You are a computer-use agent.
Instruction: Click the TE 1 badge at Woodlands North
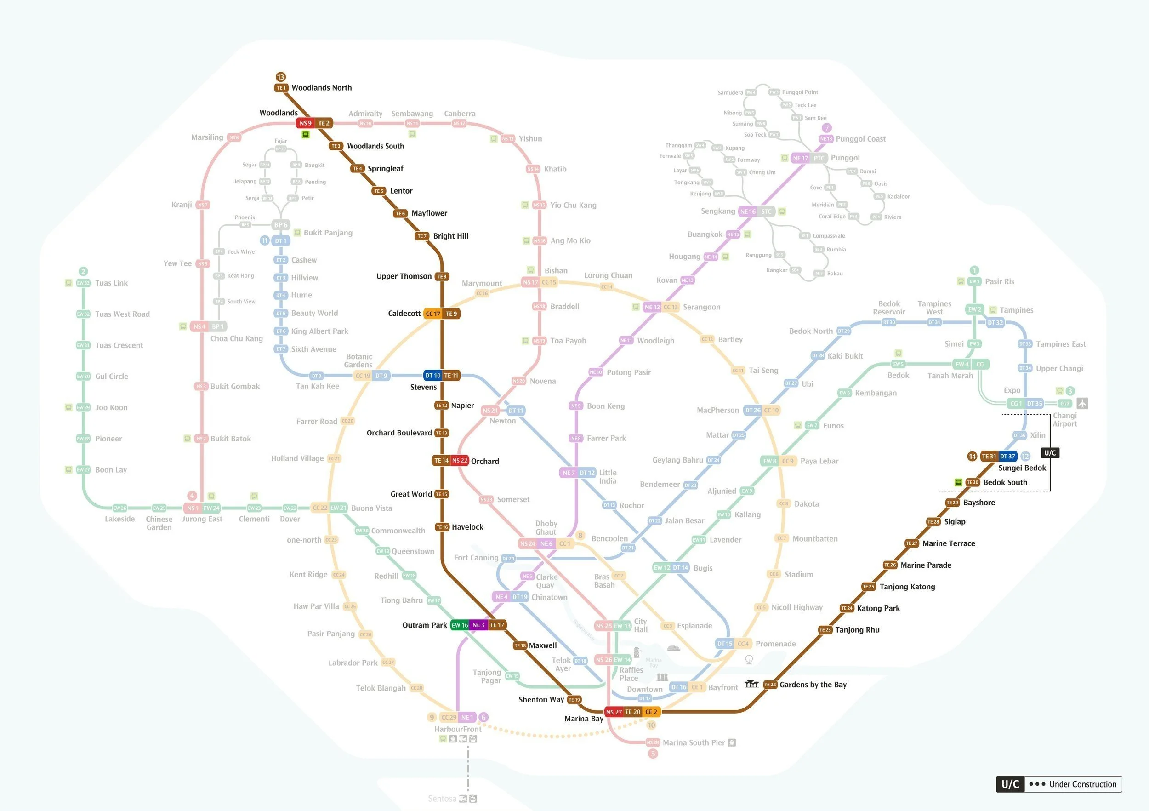pos(281,88)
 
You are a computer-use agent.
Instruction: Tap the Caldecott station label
pos(404,314)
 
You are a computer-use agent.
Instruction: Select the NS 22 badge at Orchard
pos(460,461)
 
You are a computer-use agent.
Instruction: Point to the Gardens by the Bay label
pos(813,685)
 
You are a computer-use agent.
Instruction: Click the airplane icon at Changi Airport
pos(1082,403)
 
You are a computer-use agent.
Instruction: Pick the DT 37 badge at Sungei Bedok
pos(1007,456)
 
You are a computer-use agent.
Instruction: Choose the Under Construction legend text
pos(1082,784)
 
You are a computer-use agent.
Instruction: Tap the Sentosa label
pos(442,799)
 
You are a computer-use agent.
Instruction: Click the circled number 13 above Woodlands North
pos(281,77)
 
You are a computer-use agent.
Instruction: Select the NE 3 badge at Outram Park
pos(478,625)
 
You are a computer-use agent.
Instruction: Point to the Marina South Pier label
pos(694,742)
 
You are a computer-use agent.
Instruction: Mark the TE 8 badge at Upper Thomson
pos(442,276)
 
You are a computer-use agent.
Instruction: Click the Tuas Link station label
pos(111,283)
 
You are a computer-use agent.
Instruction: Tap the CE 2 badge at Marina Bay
pos(651,711)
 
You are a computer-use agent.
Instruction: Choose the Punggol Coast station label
pos(860,139)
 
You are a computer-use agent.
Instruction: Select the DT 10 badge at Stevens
pos(433,376)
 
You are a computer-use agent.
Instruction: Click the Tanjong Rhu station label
pos(857,630)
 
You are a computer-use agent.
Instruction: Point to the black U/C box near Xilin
pos(1050,453)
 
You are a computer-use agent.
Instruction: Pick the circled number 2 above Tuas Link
pos(83,271)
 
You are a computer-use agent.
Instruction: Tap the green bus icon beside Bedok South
pos(958,482)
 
